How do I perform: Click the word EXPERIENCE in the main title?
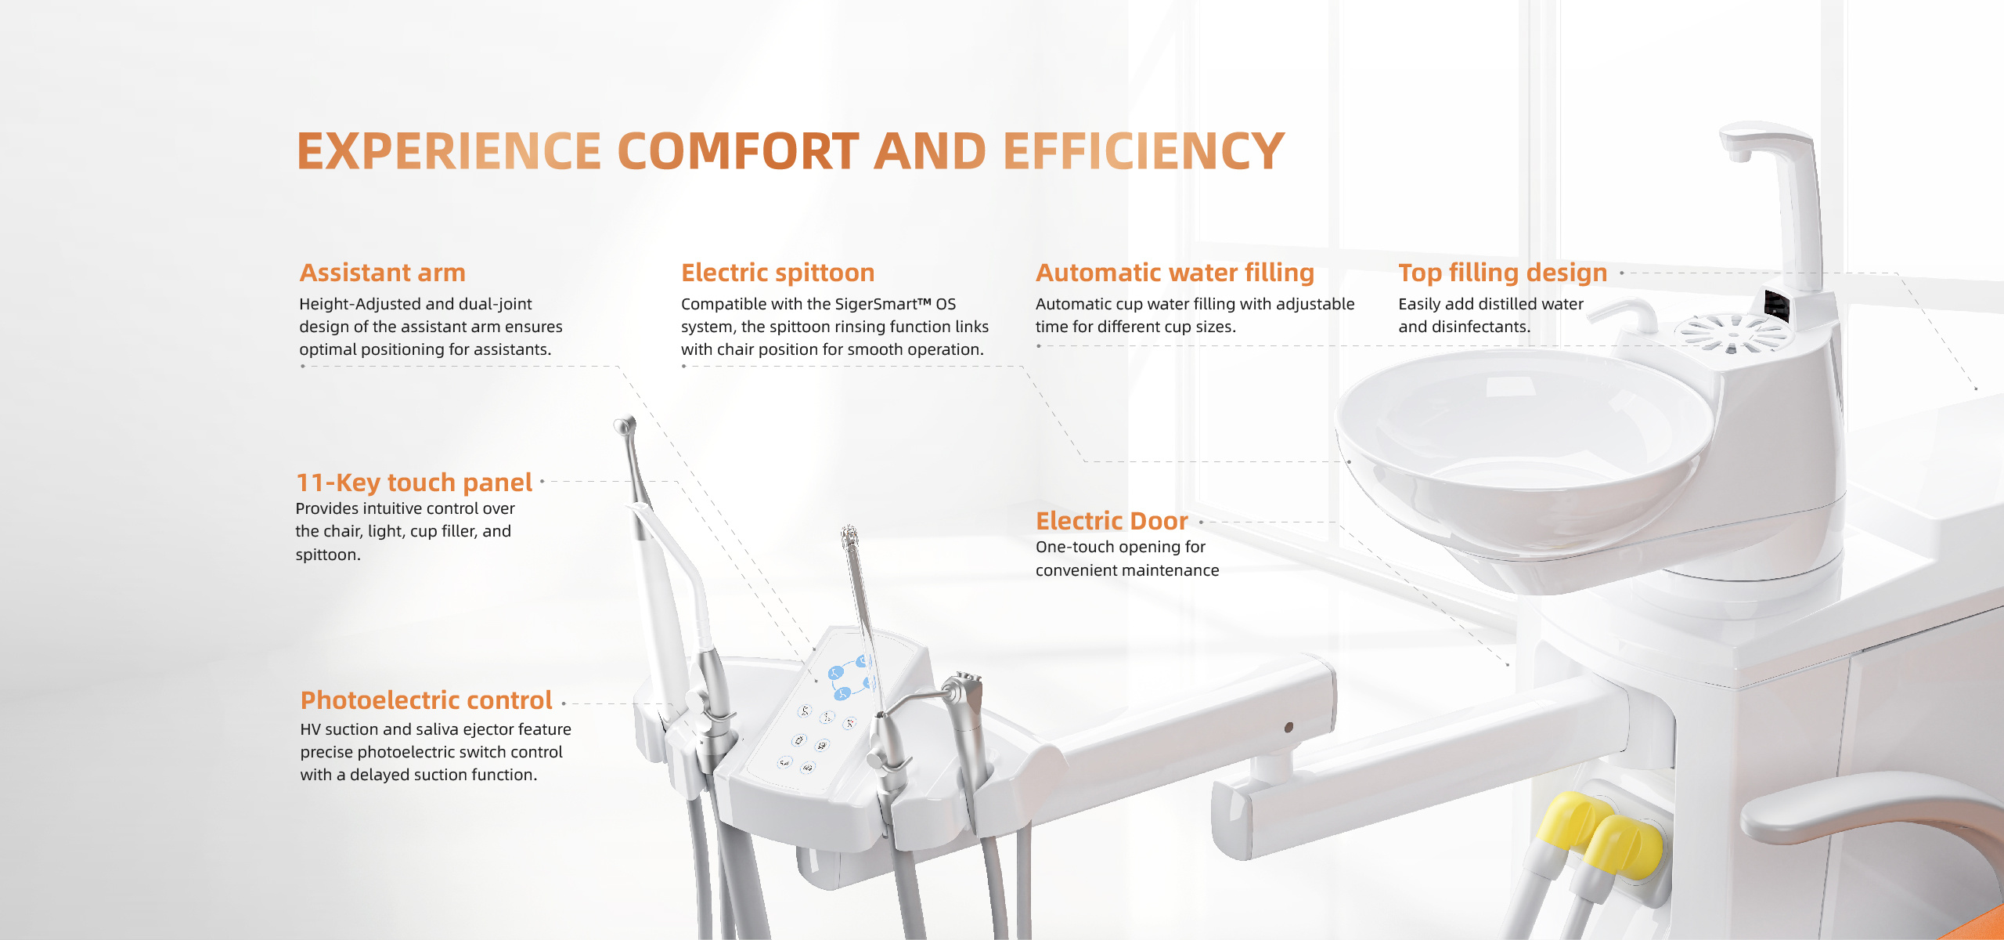449,151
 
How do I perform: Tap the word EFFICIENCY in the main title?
1144,151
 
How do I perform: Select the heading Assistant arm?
383,273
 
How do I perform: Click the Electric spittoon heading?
778,273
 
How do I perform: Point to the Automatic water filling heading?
1175,273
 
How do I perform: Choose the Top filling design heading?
1503,273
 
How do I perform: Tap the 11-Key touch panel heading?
414,483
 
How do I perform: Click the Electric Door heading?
1112,521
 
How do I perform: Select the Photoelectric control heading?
427,700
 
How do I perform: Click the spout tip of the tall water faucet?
1739,155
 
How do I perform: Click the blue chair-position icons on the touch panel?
850,677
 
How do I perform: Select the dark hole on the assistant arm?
1289,727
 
